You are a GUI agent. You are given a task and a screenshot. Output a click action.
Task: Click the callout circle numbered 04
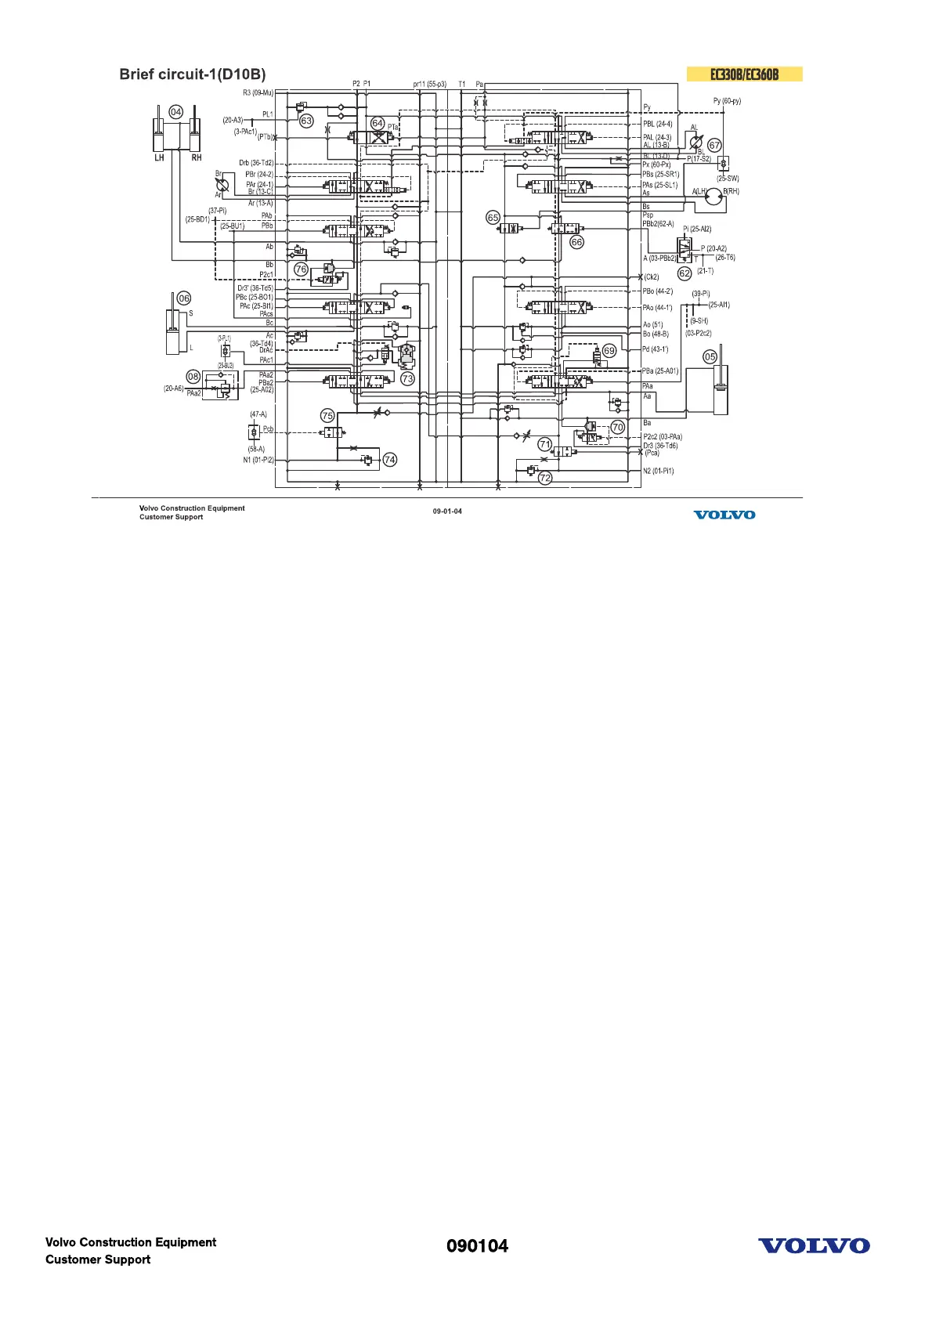pyautogui.click(x=176, y=112)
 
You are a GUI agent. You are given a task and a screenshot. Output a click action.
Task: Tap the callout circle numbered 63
pyautogui.click(x=307, y=121)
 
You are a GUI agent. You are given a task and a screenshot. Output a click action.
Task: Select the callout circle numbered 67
pyautogui.click(x=714, y=146)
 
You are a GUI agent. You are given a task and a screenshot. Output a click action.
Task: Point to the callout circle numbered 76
pyautogui.click(x=301, y=269)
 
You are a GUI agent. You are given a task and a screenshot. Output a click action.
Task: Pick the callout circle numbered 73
pyautogui.click(x=407, y=378)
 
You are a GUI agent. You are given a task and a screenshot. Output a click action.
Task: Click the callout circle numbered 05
pyautogui.click(x=710, y=356)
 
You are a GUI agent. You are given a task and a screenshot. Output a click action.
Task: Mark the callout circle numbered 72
pyautogui.click(x=545, y=477)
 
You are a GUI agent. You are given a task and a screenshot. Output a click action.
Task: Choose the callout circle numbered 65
pyautogui.click(x=493, y=218)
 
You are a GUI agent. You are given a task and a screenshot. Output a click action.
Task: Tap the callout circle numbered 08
pyautogui.click(x=193, y=377)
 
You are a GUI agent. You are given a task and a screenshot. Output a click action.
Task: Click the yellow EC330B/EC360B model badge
pyautogui.click(x=744, y=74)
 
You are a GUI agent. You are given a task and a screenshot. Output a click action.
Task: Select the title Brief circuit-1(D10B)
pyautogui.click(x=193, y=74)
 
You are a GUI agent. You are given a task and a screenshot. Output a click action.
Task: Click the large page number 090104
pyautogui.click(x=477, y=1246)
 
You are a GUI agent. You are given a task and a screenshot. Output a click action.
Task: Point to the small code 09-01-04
pyautogui.click(x=447, y=511)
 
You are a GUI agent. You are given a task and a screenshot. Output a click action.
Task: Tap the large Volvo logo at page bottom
pyautogui.click(x=814, y=1246)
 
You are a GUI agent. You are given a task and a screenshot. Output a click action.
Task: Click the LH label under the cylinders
pyautogui.click(x=159, y=157)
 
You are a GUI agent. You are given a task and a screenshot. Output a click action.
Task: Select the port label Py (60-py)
pyautogui.click(x=727, y=101)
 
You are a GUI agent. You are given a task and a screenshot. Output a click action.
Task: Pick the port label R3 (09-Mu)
pyautogui.click(x=258, y=93)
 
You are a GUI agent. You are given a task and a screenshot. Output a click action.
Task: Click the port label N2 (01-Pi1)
pyautogui.click(x=658, y=471)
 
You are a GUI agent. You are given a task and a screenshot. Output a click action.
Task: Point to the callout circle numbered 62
pyautogui.click(x=685, y=273)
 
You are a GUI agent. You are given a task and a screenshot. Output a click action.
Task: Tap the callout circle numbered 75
pyautogui.click(x=327, y=416)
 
